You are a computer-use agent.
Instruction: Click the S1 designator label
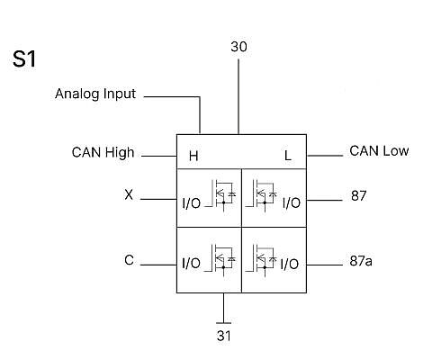[x=24, y=58]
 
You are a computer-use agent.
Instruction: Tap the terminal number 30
[x=238, y=47]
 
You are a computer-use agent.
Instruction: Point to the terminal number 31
[x=224, y=336]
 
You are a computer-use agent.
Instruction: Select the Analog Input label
[x=95, y=94]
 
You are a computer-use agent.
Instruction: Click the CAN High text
[x=103, y=152]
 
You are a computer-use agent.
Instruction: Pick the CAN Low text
[x=379, y=151]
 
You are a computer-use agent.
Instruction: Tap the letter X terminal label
[x=129, y=195]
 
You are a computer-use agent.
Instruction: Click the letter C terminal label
[x=129, y=260]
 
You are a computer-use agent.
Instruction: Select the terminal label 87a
[x=361, y=261]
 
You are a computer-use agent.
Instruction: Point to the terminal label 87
[x=358, y=196]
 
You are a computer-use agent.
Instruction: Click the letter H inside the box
[x=193, y=156]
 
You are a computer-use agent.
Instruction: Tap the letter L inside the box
[x=288, y=156]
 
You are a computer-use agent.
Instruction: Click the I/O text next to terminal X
[x=192, y=203]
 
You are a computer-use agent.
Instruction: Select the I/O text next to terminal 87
[x=292, y=203]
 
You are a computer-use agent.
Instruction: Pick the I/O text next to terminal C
[x=192, y=263]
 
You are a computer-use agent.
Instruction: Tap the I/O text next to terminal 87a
[x=290, y=264]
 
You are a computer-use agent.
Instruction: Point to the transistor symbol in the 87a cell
[x=261, y=260]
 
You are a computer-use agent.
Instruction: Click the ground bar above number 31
[x=223, y=323]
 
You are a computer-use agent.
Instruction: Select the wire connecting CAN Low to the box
[x=325, y=156]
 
